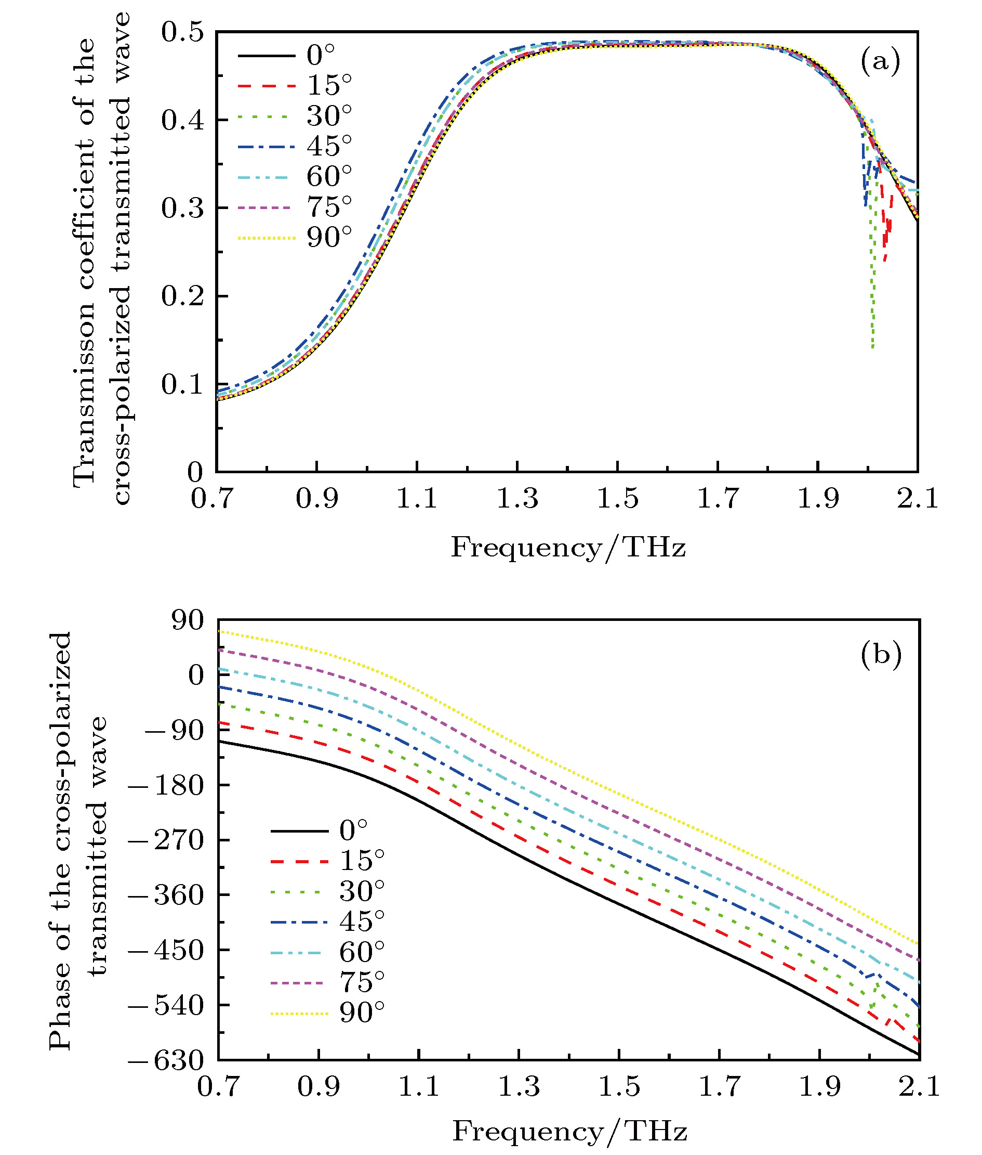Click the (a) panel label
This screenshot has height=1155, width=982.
(880, 61)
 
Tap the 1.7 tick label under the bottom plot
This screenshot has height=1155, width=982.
(719, 1086)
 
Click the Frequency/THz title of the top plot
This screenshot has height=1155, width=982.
(568, 548)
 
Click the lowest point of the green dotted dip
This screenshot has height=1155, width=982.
(872, 348)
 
